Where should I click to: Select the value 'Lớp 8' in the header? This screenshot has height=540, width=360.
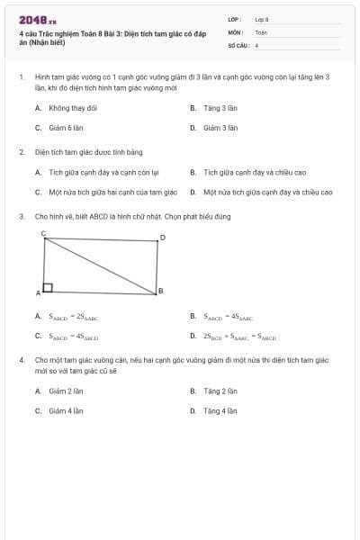click(x=262, y=19)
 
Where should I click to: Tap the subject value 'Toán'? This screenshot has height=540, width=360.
click(x=261, y=31)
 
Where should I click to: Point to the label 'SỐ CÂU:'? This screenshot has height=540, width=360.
click(x=238, y=44)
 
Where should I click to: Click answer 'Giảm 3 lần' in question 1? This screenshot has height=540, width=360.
click(x=220, y=128)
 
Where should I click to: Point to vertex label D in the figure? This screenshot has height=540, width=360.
click(x=162, y=238)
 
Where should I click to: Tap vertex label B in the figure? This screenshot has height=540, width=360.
click(x=160, y=290)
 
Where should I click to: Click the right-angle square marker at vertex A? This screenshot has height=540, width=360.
click(x=48, y=288)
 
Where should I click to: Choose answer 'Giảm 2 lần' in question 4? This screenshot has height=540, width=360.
click(x=66, y=391)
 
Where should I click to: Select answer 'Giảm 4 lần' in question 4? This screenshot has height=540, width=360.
click(x=66, y=410)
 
